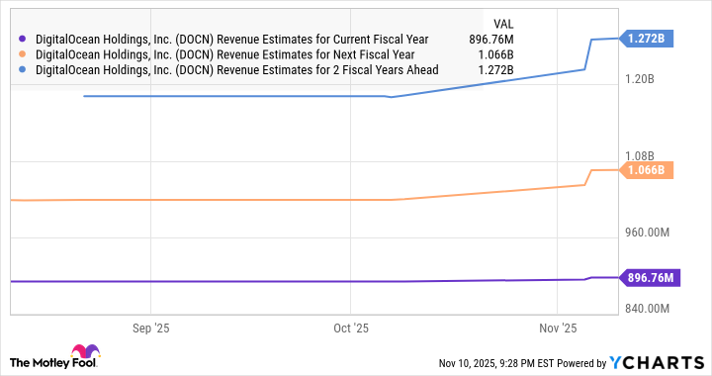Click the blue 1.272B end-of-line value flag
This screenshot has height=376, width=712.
648,39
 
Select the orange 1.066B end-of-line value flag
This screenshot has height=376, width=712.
648,170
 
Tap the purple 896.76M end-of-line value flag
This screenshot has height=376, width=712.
650,278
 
